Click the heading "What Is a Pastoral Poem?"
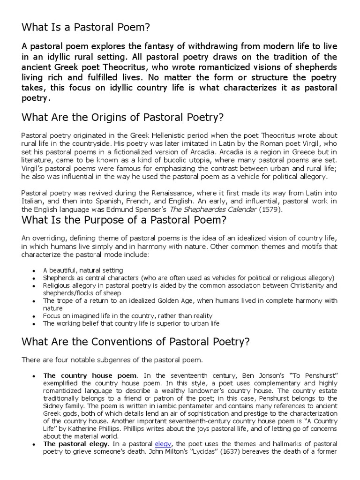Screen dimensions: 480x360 click(86, 28)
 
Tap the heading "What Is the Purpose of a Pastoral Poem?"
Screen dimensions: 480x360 click(124, 220)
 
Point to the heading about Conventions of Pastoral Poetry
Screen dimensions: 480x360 click(135, 342)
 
